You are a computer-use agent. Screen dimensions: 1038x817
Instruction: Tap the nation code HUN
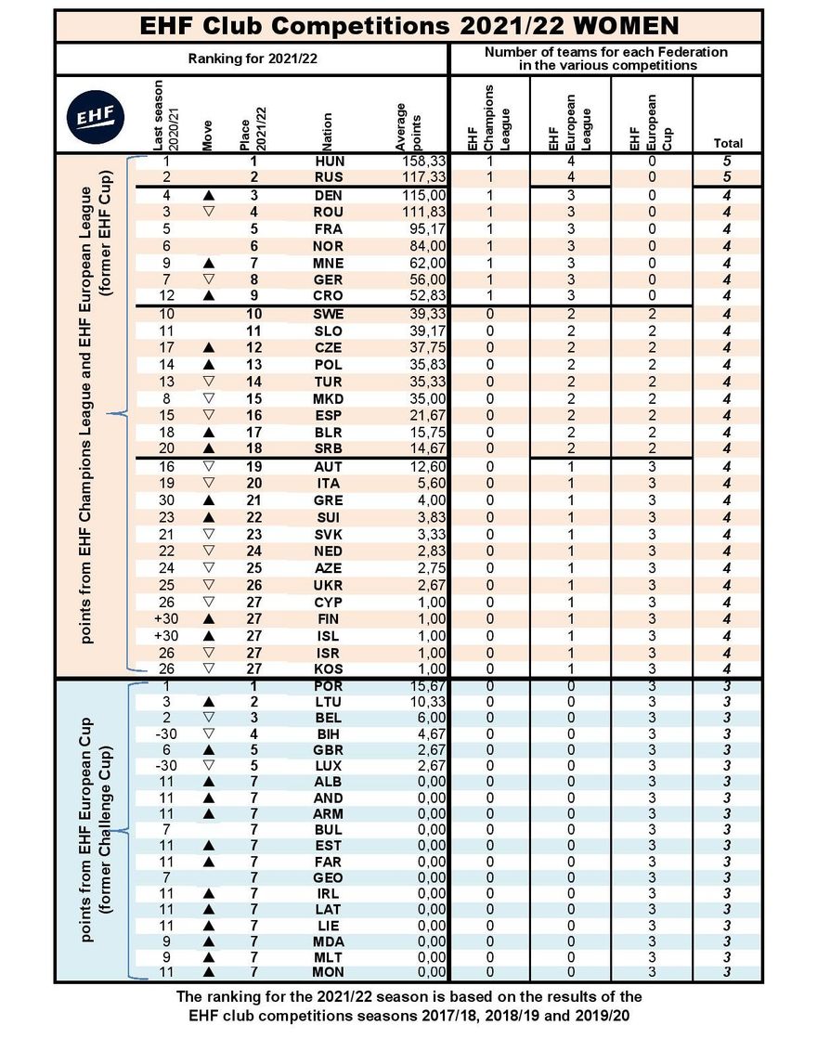point(330,161)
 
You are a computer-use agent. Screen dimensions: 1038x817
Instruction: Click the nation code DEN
point(330,195)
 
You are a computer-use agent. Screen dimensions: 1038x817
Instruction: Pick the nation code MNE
point(330,263)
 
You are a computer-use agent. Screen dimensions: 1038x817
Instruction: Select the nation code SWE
point(330,314)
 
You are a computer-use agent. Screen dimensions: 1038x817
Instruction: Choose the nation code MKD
point(330,398)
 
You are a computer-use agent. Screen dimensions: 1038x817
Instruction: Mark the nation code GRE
point(330,500)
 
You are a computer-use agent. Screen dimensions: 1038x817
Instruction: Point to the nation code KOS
point(330,668)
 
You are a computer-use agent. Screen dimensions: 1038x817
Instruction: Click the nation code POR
point(330,685)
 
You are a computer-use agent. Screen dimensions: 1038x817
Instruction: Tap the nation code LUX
point(330,765)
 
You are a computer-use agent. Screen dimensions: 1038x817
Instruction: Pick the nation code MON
point(330,972)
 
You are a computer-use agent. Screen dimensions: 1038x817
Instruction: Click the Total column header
point(728,144)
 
